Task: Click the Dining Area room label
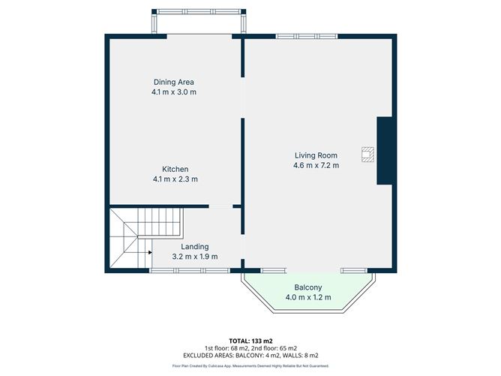(174, 82)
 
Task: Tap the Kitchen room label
(175, 169)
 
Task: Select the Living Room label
(316, 155)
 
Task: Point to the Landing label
(195, 246)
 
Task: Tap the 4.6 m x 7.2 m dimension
(316, 165)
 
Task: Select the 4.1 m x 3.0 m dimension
(174, 92)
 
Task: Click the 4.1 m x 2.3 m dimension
(175, 179)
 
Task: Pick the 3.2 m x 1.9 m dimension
(195, 257)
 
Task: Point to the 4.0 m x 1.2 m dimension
(307, 298)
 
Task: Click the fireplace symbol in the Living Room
(367, 153)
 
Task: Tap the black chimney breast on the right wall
(385, 150)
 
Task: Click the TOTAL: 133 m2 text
(250, 341)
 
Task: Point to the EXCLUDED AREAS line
(250, 355)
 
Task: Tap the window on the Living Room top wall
(307, 35)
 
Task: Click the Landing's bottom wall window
(188, 270)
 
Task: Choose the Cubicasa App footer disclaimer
(250, 366)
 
